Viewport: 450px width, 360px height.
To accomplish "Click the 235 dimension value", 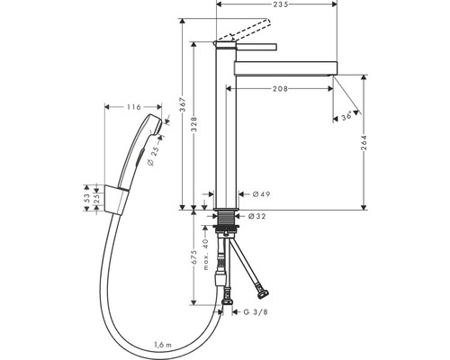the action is [282, 4].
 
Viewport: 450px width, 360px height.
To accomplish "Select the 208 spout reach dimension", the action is [280, 88].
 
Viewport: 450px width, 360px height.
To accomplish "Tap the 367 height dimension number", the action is [183, 105].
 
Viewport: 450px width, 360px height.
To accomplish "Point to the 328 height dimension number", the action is [194, 124].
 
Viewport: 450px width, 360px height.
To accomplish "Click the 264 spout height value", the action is [364, 143].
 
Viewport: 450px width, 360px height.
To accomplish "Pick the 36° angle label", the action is [346, 116].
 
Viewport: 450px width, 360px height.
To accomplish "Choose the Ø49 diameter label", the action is [261, 194].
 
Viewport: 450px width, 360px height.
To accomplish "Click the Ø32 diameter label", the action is [257, 216].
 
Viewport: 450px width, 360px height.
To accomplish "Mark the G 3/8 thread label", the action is [256, 312].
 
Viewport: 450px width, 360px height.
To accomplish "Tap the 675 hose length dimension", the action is [194, 257].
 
